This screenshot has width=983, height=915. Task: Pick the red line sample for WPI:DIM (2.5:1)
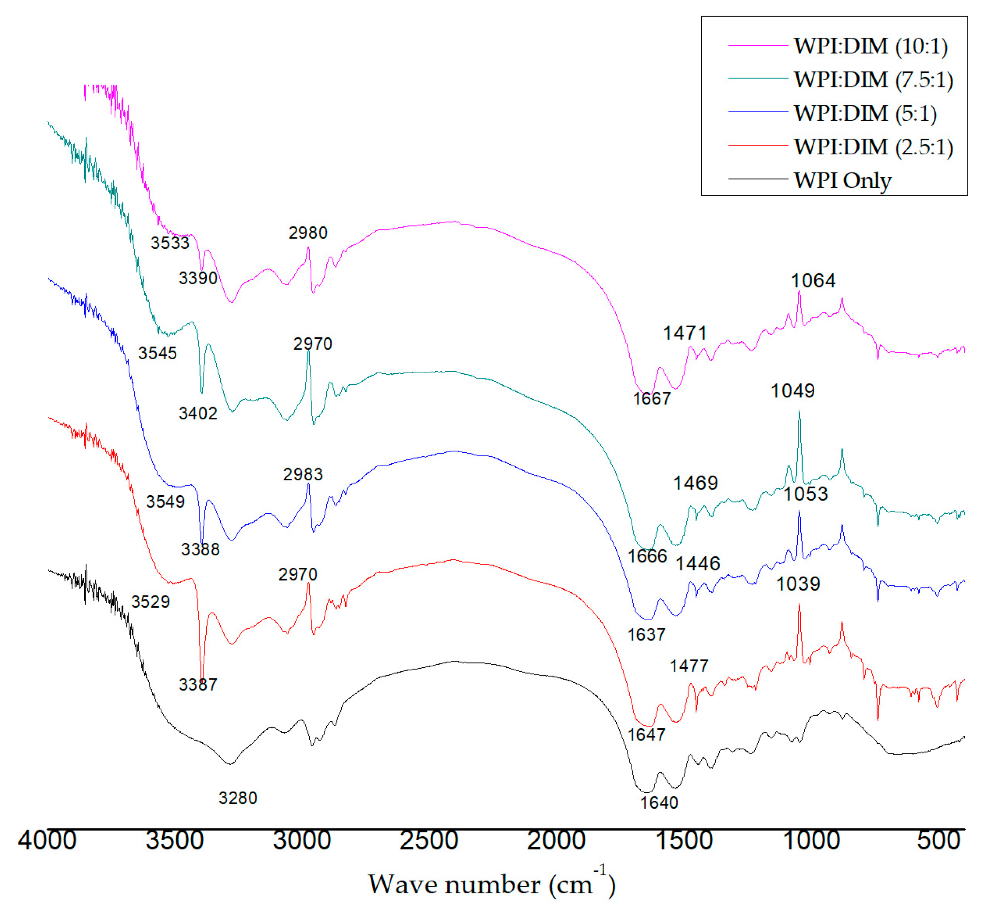click(757, 146)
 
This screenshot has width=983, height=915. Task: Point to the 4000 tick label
click(47, 841)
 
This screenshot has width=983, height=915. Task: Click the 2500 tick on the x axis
click(429, 841)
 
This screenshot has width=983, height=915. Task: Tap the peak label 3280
click(238, 798)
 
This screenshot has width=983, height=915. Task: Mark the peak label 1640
click(659, 803)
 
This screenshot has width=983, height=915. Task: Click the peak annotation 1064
click(813, 281)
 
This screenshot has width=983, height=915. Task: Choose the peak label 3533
click(170, 243)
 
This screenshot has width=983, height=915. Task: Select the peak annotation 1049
click(792, 391)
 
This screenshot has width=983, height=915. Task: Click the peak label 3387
click(198, 685)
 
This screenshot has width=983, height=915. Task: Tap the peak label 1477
click(689, 666)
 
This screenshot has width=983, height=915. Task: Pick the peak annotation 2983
click(303, 475)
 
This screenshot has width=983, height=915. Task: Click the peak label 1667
click(652, 399)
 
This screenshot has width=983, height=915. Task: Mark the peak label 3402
click(198, 414)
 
